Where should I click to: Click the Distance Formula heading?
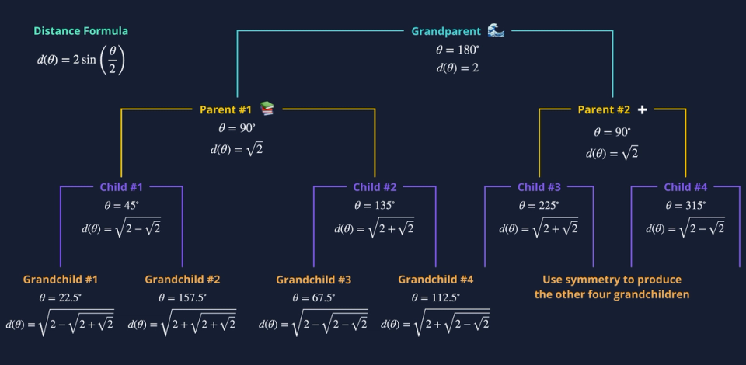81,31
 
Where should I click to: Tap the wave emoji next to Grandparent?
496,30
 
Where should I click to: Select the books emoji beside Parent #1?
267,109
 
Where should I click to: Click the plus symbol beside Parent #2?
642,109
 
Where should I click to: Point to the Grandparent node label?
445,32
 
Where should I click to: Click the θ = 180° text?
457,50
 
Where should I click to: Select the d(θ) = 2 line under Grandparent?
457,68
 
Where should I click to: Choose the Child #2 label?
375,187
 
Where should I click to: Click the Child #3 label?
539,187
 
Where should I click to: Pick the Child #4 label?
685,187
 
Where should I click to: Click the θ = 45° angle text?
122,206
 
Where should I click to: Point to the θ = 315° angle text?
685,206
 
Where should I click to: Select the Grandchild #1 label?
60,280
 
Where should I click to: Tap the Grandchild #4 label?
435,280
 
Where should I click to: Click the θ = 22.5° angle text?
60,297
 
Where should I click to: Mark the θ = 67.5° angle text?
313,297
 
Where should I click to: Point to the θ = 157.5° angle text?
182,297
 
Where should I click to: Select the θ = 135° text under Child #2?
375,206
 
